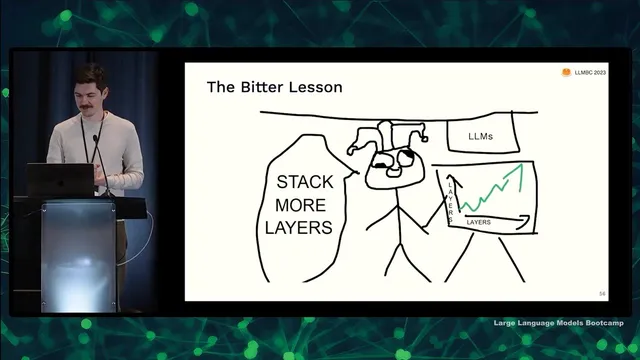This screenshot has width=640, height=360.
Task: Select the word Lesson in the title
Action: pos(315,87)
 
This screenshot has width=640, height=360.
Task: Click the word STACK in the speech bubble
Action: pos(305,183)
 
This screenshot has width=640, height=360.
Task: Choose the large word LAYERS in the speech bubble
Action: pos(299,227)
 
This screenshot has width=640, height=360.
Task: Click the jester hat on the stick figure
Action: pos(388,138)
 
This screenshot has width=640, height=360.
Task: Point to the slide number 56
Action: pos(601,293)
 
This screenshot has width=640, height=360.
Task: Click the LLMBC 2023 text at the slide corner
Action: pos(589,73)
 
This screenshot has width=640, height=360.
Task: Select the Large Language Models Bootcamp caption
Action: pos(564,323)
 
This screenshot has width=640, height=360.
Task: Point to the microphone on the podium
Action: pos(95,150)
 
